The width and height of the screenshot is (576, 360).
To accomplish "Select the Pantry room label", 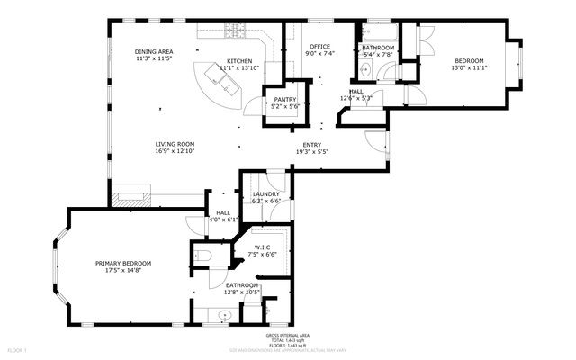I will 285,100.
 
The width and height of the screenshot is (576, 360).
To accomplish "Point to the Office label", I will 319,47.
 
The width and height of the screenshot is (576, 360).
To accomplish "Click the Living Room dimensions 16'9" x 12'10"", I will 175,151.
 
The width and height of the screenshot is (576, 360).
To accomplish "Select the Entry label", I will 311,145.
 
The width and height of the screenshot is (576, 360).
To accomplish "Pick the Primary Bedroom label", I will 123,263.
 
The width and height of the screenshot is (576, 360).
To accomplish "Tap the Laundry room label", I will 266,194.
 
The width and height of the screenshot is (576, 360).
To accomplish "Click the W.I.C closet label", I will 263,247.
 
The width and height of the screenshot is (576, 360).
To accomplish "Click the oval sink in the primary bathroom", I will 223,315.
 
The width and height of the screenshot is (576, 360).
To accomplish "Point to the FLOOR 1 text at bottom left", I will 18,348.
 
